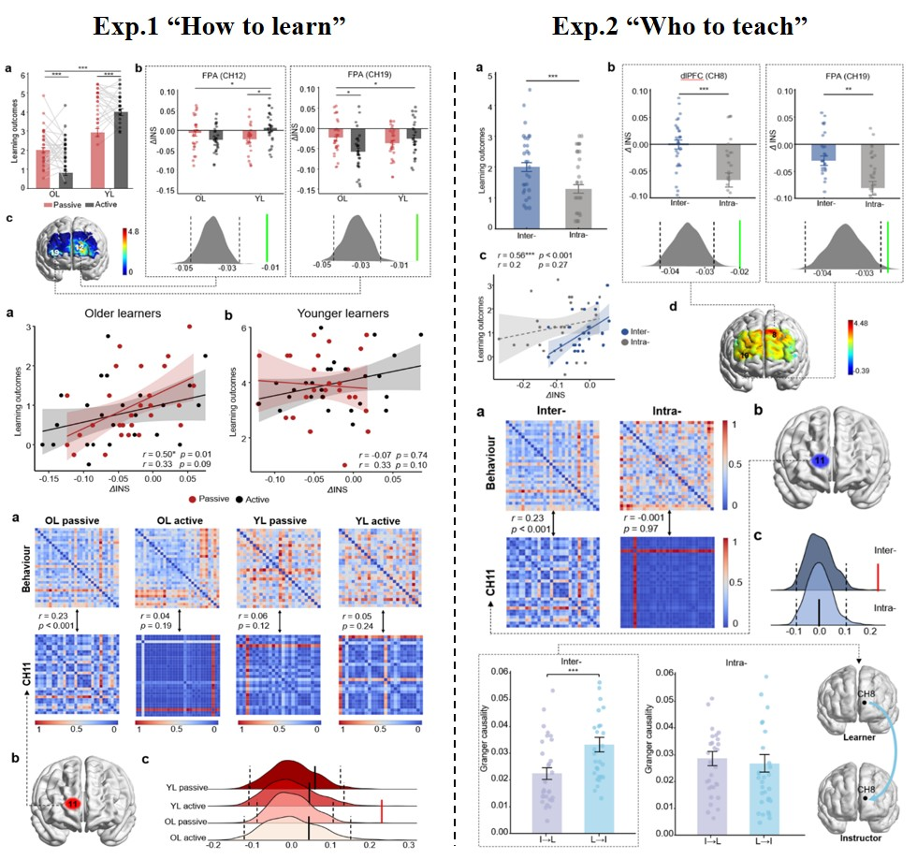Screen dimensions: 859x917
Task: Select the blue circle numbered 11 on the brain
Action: click(820, 460)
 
